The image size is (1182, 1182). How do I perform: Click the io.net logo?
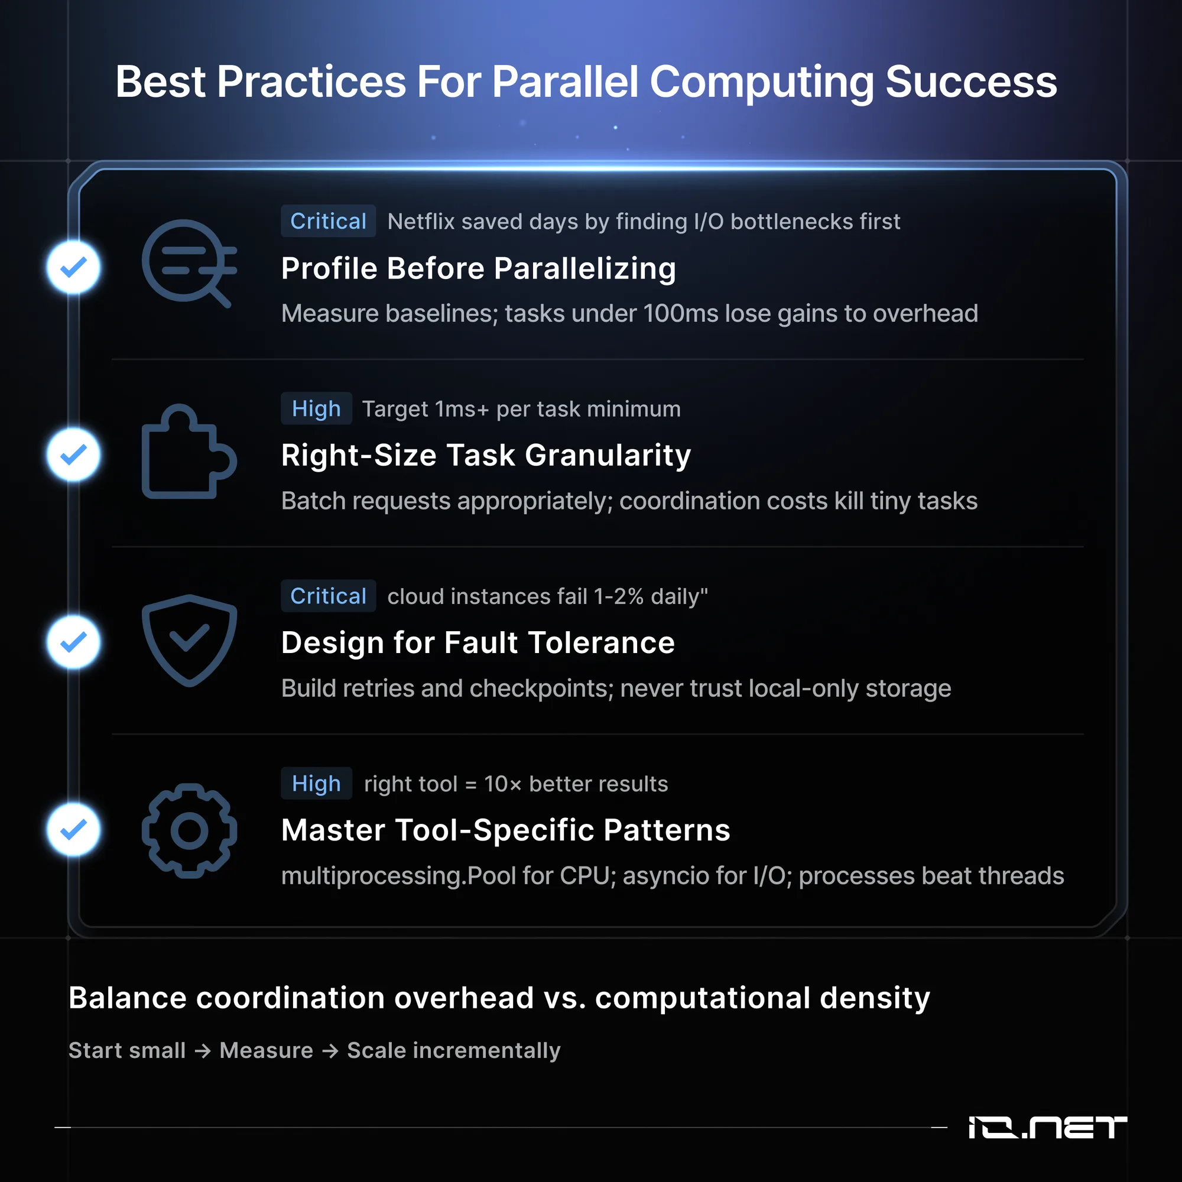coord(1047,1127)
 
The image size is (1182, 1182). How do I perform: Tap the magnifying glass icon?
coord(189,263)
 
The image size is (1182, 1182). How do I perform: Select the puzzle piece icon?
coord(189,451)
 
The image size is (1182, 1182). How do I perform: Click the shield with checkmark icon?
coord(189,640)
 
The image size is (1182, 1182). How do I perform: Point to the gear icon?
coord(189,831)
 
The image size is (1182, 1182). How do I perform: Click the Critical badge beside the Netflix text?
coord(328,221)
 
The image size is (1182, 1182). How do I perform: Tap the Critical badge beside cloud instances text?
coord(328,596)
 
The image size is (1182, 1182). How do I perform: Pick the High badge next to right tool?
coord(316,783)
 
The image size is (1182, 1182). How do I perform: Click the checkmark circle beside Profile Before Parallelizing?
coord(73,267)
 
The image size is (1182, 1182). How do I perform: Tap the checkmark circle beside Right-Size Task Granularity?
coord(73,454)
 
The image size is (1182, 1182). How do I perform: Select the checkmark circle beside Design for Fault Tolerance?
coord(73,642)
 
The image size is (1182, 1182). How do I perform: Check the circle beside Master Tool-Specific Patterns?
coord(73,830)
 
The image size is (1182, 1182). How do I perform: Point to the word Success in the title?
coord(971,82)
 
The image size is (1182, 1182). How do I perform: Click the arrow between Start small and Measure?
coord(203,1051)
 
